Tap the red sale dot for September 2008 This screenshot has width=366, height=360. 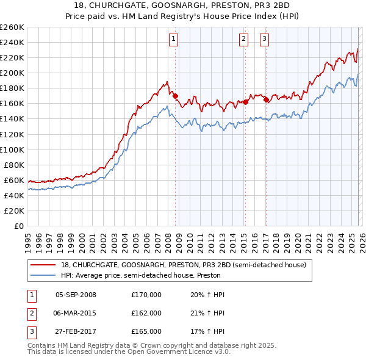click(x=175, y=96)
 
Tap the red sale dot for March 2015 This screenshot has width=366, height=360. click(x=245, y=102)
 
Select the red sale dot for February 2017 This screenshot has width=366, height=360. click(x=267, y=99)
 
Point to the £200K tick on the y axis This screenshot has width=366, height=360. click(x=12, y=73)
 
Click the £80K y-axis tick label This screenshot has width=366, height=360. click(x=14, y=165)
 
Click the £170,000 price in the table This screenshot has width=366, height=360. click(x=146, y=295)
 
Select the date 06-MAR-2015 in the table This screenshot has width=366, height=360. click(x=76, y=313)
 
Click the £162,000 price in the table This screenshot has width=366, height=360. click(x=146, y=313)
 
